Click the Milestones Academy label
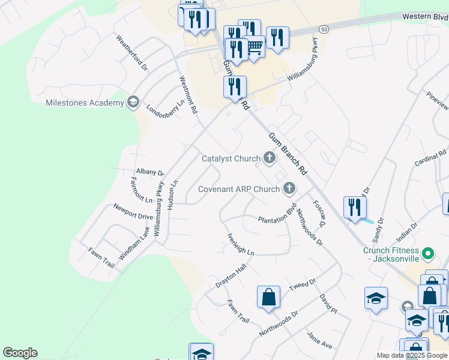[85, 103]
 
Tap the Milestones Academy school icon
[132, 103]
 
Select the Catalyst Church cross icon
[269, 158]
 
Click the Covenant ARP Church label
[239, 189]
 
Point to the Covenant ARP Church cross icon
[289, 189]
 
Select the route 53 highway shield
[324, 29]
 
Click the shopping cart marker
[255, 46]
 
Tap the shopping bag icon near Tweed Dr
[269, 297]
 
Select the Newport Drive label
[133, 211]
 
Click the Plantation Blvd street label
[278, 218]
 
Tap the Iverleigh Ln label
[241, 245]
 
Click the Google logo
[20, 353]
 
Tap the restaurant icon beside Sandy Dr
[355, 207]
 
